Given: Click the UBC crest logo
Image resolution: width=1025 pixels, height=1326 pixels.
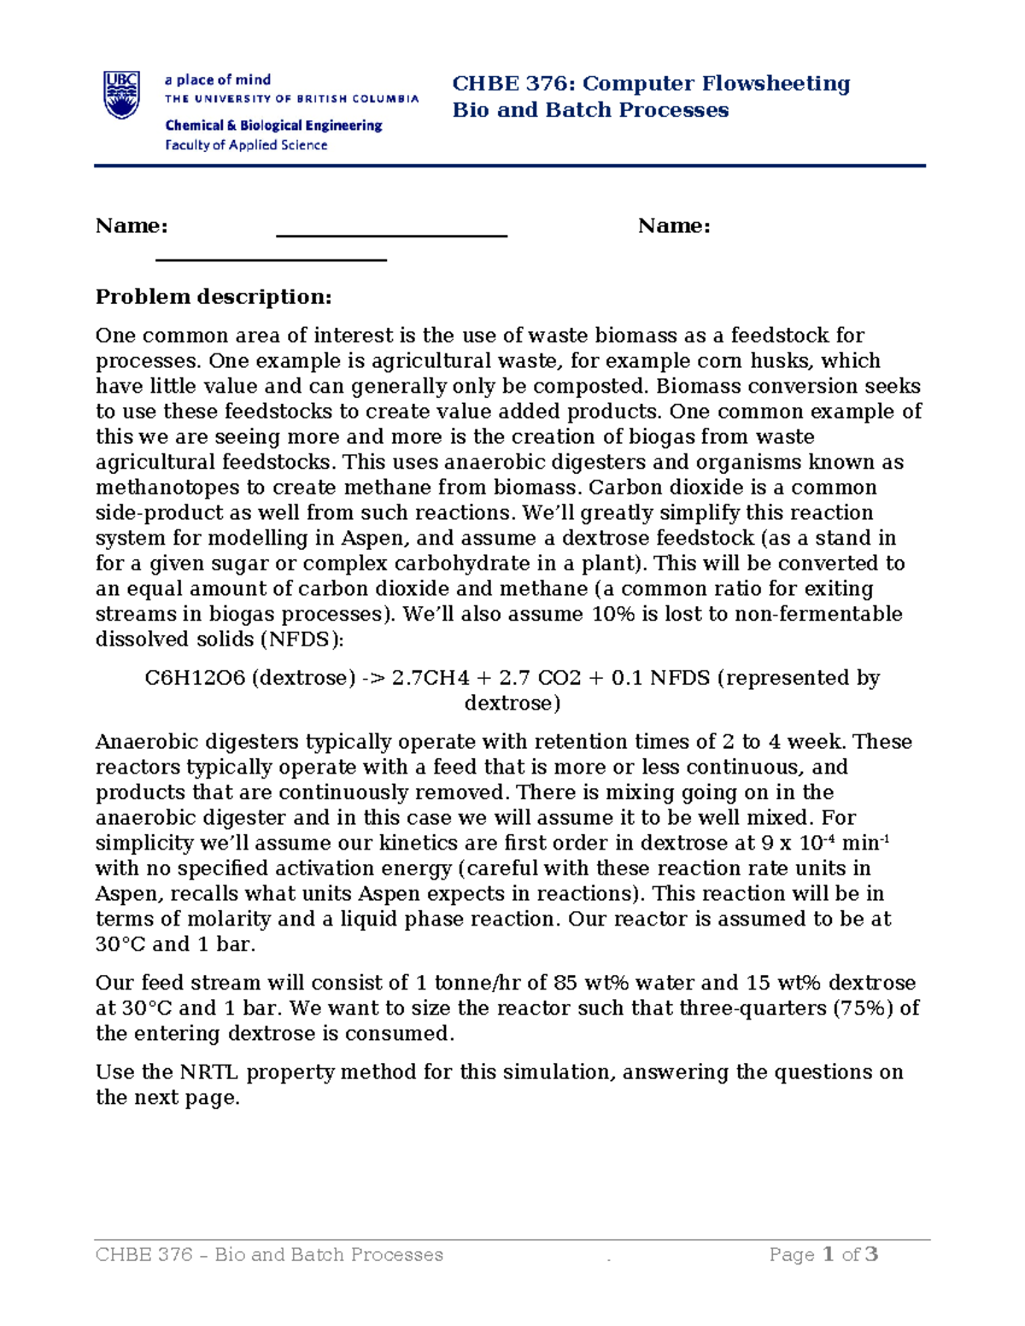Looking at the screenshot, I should [x=121, y=94].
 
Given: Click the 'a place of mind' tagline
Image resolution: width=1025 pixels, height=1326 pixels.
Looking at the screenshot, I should [x=218, y=79].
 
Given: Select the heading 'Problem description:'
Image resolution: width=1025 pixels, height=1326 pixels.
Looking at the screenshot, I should [x=214, y=297].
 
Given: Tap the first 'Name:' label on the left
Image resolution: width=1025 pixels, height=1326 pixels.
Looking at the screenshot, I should [x=132, y=226].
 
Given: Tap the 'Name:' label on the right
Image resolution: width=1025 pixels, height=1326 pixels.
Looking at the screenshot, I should [x=674, y=226].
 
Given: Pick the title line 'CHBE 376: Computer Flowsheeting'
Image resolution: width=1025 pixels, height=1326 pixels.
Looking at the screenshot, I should [x=651, y=84].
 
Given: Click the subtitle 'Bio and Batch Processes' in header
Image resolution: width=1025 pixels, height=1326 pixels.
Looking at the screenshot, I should [x=590, y=110].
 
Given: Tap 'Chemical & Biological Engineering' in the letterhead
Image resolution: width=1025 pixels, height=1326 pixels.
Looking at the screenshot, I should [x=273, y=126].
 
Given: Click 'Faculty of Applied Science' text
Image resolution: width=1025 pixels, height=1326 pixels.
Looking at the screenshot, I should [x=246, y=145].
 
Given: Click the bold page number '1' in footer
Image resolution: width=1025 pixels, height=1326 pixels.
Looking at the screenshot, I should [x=828, y=1254].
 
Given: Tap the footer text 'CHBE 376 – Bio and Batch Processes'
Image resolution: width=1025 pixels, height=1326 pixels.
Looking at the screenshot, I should [x=269, y=1255].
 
